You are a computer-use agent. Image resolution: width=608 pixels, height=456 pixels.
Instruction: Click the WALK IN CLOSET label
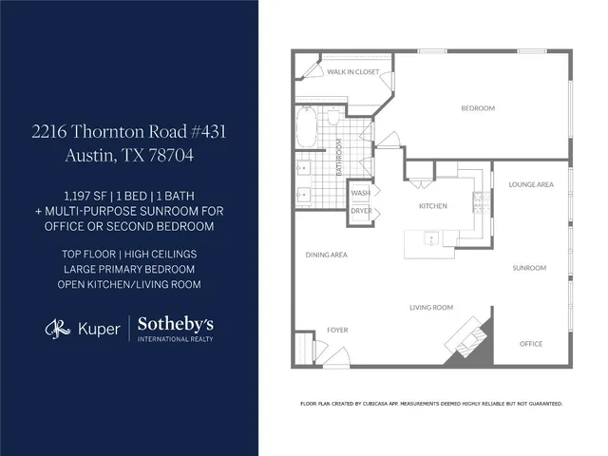point(352,71)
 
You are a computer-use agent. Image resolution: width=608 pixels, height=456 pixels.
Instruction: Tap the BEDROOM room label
point(478,108)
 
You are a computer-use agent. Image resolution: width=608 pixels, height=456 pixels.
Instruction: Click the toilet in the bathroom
point(333,119)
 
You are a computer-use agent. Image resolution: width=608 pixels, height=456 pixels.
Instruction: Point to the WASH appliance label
point(361,192)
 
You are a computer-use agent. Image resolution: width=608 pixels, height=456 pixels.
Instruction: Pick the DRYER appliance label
point(361,210)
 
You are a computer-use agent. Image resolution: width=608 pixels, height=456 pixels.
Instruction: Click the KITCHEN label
point(433,205)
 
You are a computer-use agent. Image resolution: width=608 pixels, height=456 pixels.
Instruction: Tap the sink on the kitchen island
point(429,239)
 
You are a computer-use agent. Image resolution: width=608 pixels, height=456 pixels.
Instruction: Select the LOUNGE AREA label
point(531,184)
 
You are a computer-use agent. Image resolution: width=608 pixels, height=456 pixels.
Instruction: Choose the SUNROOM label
point(529,268)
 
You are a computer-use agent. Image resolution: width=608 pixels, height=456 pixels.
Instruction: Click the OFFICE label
point(531,344)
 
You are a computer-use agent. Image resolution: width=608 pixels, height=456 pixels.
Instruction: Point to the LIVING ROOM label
point(431,308)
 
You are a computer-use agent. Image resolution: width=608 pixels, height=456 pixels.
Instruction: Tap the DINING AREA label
point(326,255)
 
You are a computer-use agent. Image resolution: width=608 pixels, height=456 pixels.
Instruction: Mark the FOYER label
point(338,331)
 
